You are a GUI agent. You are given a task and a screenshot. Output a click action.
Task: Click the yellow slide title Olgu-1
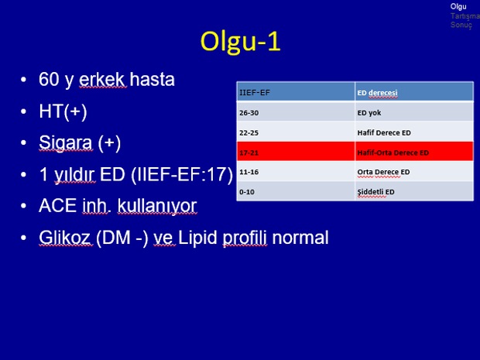tap(240, 42)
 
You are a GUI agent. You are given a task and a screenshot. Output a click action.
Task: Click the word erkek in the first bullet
tap(102, 79)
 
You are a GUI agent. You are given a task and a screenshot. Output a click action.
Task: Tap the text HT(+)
tap(63, 111)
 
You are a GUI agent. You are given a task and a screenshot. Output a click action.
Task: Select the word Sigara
tap(66, 143)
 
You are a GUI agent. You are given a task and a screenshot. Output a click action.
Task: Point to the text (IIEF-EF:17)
tap(182, 175)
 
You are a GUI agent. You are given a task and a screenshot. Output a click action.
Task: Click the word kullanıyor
tap(157, 207)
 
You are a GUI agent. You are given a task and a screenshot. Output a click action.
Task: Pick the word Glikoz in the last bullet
tap(65, 238)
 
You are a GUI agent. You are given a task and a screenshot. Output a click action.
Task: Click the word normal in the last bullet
tap(300, 238)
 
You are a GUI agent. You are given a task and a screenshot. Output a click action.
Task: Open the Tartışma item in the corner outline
tap(465, 16)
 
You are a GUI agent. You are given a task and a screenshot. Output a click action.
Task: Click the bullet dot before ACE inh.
tap(23, 206)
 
